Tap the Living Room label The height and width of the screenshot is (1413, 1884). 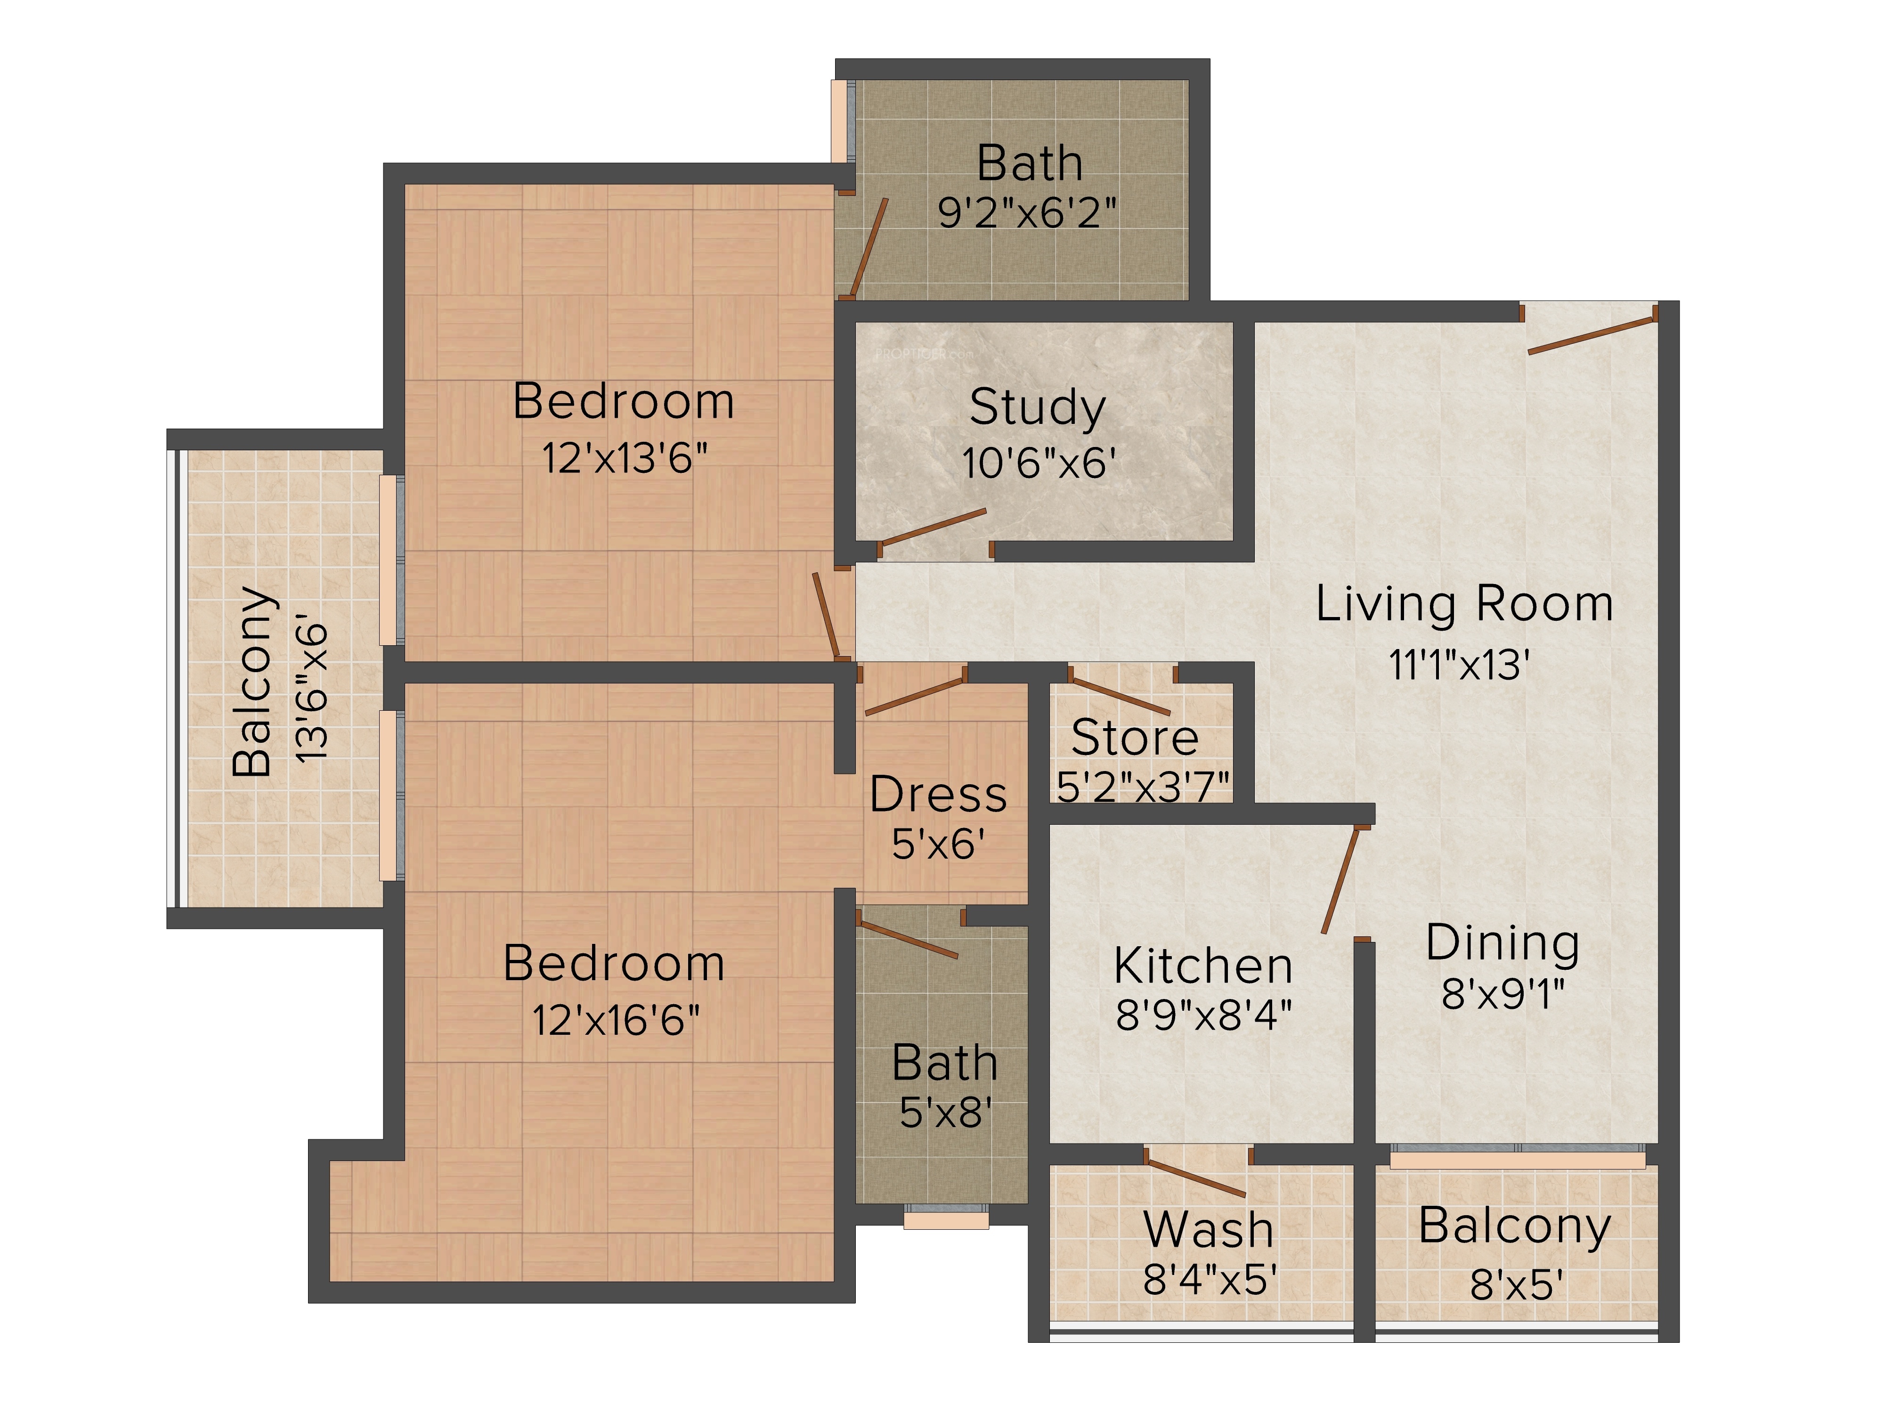[x=1464, y=605]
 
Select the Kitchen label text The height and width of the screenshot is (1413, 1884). [x=1202, y=966]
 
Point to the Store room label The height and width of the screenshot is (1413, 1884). [x=1135, y=738]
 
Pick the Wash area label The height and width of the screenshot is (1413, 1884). [x=1209, y=1230]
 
